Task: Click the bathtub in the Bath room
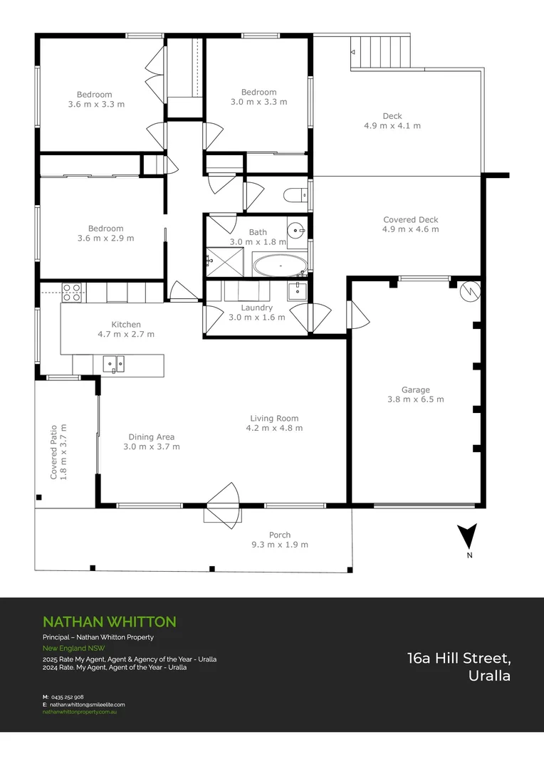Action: pyautogui.click(x=280, y=266)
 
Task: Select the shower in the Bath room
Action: pyautogui.click(x=224, y=261)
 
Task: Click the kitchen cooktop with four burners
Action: pyautogui.click(x=71, y=292)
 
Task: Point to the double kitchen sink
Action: pyautogui.click(x=113, y=365)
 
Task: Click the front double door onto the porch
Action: pyautogui.click(x=224, y=506)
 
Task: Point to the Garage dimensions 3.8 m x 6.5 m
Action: pyautogui.click(x=415, y=399)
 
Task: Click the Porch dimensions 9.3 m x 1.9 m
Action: pyautogui.click(x=280, y=545)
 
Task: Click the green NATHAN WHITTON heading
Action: pyautogui.click(x=109, y=622)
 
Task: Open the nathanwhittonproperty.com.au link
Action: pyautogui.click(x=79, y=711)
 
